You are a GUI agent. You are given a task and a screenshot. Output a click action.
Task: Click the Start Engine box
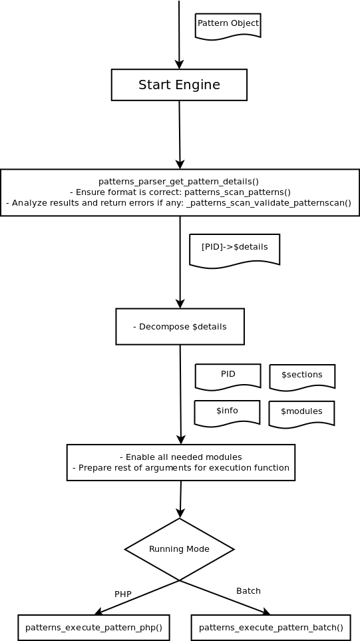[179, 85]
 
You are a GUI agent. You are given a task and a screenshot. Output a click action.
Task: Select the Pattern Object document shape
[228, 27]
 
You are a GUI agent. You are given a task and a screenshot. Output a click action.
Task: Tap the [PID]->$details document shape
[234, 250]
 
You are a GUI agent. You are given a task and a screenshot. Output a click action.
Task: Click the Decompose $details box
[180, 327]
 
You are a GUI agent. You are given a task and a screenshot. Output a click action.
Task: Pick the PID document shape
[228, 377]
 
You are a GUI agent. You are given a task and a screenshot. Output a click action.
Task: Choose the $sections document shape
[302, 377]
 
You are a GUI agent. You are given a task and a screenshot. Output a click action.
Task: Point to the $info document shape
[227, 413]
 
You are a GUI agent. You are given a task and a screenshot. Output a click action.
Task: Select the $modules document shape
[301, 414]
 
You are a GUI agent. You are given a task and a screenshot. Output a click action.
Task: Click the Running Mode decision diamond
[180, 549]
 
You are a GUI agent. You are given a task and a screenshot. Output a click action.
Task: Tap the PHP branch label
[123, 594]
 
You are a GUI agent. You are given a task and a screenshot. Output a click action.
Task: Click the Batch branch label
[248, 590]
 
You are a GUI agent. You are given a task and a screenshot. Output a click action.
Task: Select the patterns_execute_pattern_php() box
[94, 628]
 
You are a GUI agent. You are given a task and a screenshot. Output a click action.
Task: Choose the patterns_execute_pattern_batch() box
[271, 628]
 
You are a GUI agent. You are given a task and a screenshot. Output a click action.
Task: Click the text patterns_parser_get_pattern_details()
[178, 182]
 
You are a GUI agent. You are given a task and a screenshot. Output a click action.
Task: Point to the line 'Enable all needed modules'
[180, 457]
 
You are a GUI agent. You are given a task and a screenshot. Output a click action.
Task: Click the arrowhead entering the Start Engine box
[179, 64]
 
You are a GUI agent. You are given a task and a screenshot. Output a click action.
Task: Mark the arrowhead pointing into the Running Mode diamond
[180, 513]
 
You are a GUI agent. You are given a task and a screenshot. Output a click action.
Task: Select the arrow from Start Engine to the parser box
[180, 135]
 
